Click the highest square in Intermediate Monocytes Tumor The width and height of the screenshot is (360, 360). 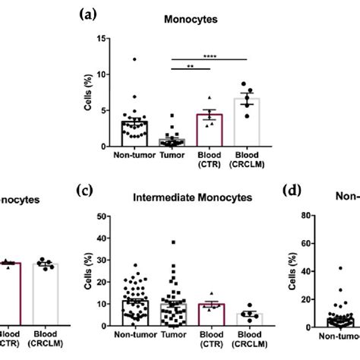point(174,242)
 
